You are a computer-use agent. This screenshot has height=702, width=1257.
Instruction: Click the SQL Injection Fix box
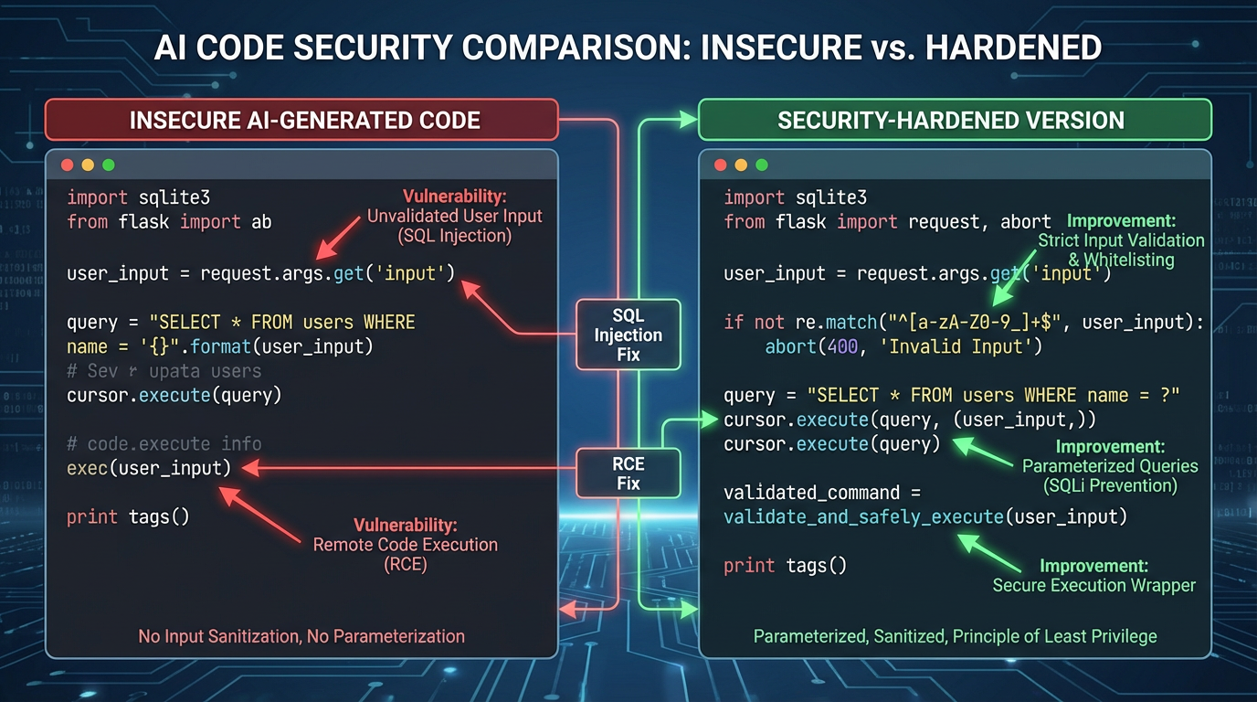pos(628,335)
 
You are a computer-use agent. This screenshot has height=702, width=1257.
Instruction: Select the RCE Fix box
pos(628,473)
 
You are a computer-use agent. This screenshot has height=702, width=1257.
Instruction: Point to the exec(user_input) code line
pos(149,468)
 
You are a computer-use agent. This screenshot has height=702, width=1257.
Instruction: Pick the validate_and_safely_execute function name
pos(863,517)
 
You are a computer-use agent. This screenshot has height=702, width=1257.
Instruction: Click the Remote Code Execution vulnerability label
pos(406,545)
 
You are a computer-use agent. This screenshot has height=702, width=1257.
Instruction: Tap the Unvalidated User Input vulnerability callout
pos(454,217)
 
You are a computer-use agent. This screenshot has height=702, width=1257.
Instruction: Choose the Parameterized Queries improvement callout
pos(1110,466)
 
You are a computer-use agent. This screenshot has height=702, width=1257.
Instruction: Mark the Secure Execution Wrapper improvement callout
pos(1093,576)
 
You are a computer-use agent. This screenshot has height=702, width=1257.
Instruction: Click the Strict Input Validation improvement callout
pos(1121,239)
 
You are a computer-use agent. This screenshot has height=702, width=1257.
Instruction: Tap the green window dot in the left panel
pos(109,165)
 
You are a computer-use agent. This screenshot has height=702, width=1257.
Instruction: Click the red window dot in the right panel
pos(720,165)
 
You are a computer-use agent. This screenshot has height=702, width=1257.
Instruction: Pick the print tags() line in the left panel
pos(128,517)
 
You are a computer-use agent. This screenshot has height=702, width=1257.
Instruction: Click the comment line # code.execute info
pos(164,444)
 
